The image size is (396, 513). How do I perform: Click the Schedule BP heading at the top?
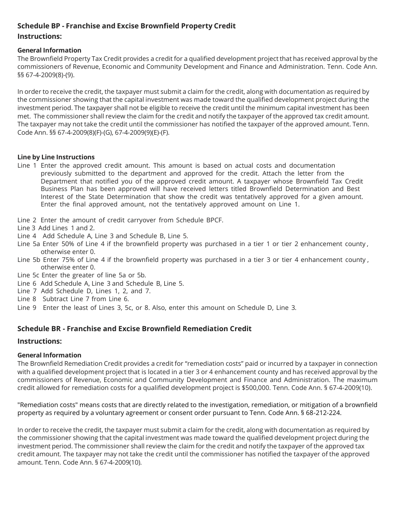pyautogui.click(x=126, y=26)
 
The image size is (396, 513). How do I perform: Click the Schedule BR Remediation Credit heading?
pyautogui.click(x=134, y=329)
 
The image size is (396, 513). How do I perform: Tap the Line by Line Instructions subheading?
pyautogui.click(x=56, y=157)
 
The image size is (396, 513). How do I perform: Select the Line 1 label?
pyautogui.click(x=27, y=166)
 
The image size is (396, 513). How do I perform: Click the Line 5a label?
pyautogui.click(x=29, y=244)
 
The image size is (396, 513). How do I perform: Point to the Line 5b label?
pyautogui.click(x=29, y=259)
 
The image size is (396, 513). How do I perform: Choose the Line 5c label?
pyautogui.click(x=28, y=275)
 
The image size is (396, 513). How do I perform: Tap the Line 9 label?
pyautogui.click(x=27, y=308)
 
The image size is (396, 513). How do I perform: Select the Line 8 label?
pyautogui.click(x=27, y=299)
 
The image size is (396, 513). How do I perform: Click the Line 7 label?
pyautogui.click(x=27, y=291)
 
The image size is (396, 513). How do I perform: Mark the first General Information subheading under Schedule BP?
pyautogui.click(x=49, y=50)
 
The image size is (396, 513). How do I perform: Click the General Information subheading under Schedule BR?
pyautogui.click(x=49, y=355)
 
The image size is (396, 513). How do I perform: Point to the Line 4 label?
pyautogui.click(x=27, y=236)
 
